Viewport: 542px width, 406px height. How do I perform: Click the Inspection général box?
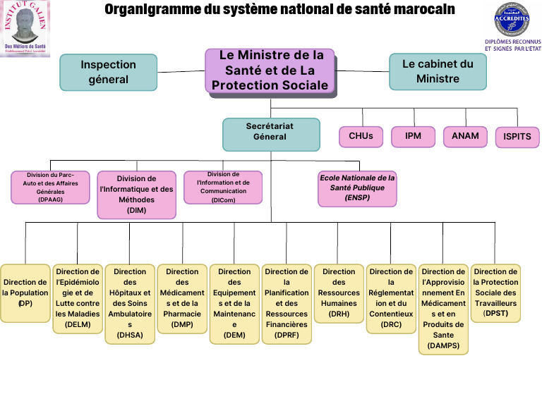(108, 72)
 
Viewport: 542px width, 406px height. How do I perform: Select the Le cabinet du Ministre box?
(438, 72)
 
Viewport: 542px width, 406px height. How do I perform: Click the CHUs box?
(361, 136)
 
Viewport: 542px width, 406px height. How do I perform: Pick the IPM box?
(413, 136)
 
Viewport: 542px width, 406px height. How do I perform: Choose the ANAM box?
(465, 136)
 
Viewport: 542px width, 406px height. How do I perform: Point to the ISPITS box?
(517, 137)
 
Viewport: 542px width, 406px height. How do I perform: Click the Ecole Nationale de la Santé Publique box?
(358, 188)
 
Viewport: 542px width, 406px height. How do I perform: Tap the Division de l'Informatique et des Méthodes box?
(136, 194)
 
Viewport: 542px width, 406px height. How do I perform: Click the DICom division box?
(222, 187)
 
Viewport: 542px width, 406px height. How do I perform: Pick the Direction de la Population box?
(25, 293)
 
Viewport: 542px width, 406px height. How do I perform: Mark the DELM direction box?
(78, 297)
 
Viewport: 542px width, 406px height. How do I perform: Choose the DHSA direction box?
(130, 304)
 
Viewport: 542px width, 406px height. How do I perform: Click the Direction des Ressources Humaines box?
(339, 293)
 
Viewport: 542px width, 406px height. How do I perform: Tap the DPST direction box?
(495, 293)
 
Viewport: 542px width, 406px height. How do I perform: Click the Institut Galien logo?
(25, 28)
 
